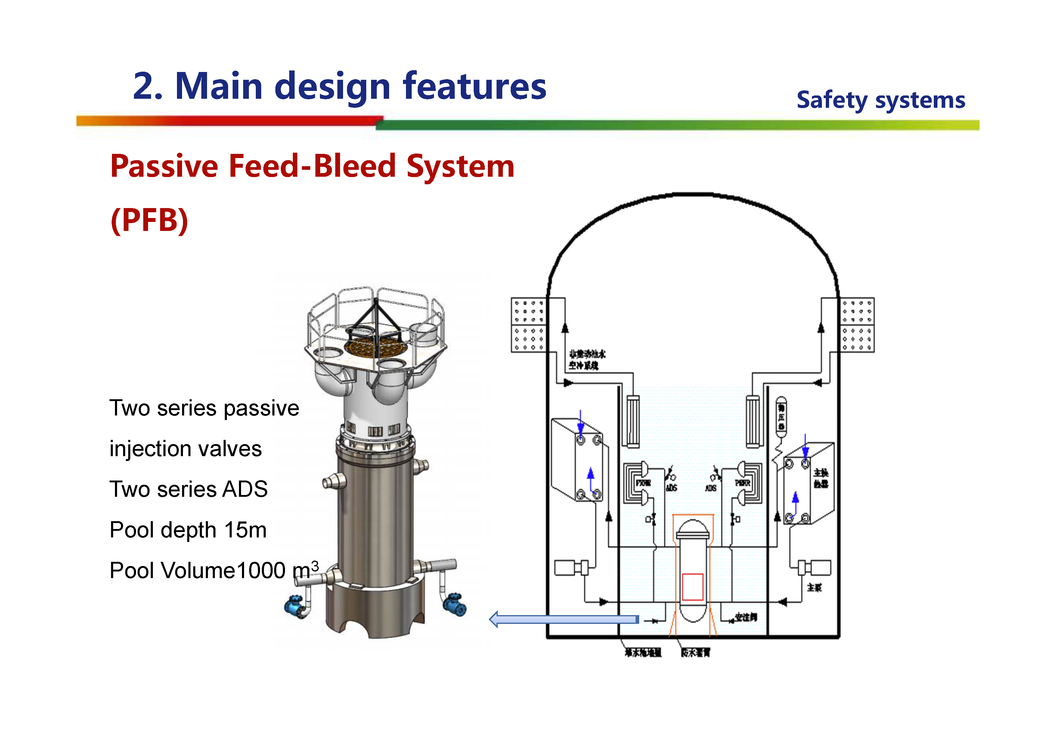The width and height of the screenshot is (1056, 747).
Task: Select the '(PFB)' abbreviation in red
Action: tap(150, 220)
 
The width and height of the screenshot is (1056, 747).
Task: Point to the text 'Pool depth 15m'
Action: tap(188, 530)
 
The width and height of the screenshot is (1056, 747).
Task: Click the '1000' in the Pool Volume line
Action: tap(261, 571)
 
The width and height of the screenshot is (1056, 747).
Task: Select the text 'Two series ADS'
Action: tap(188, 489)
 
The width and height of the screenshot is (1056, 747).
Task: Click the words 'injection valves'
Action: tap(185, 449)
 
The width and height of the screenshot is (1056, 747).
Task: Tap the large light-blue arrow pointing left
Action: tap(563, 619)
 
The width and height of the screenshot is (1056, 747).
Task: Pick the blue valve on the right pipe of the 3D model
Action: tap(455, 604)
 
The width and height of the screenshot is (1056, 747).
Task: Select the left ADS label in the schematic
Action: tap(671, 488)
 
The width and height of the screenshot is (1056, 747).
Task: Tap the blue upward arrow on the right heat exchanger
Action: tap(795, 500)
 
